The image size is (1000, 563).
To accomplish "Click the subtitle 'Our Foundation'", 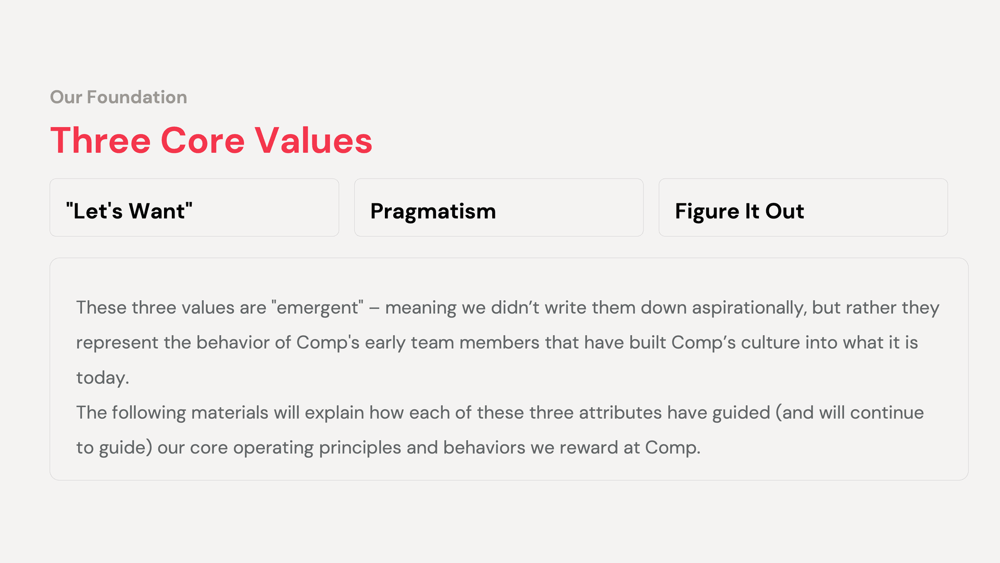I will [x=118, y=97].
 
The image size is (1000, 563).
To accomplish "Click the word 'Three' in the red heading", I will [x=101, y=141].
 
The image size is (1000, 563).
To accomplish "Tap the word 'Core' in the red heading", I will [x=203, y=141].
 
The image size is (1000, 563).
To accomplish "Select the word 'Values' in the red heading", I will [x=314, y=141].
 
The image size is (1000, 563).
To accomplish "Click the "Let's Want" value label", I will [x=129, y=211].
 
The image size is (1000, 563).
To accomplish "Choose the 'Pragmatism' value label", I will [x=433, y=211].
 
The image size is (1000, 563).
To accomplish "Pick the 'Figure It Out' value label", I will [x=739, y=211].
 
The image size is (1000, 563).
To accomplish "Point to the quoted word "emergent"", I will [x=317, y=308].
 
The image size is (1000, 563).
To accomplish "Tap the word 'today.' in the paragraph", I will [x=103, y=377].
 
